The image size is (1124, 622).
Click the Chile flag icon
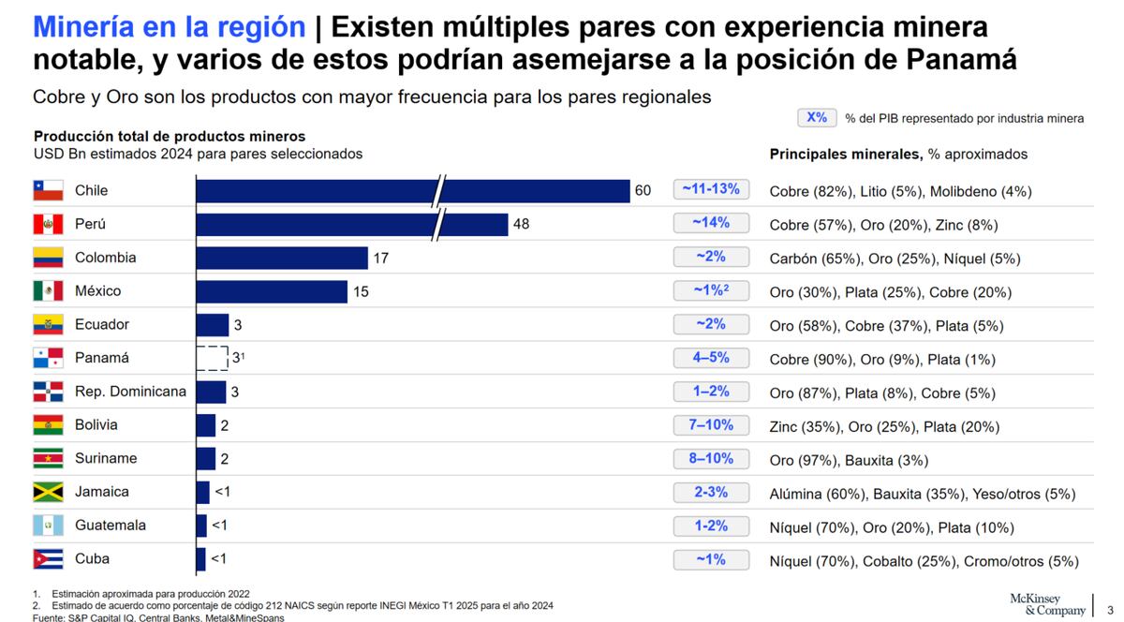tap(48, 190)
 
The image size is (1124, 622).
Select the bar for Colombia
tap(281, 258)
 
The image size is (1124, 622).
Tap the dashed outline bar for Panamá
tap(212, 358)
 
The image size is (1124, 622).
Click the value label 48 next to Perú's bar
tap(522, 225)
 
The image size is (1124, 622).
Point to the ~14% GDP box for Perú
tap(711, 224)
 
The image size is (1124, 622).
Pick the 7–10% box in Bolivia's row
tap(711, 424)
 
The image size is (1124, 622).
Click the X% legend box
tap(817, 118)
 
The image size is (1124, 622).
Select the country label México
tap(98, 291)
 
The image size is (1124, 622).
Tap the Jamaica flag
tap(48, 492)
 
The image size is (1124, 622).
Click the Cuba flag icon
tap(48, 559)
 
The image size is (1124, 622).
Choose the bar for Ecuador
tap(212, 325)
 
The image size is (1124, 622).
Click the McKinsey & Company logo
tap(1047, 604)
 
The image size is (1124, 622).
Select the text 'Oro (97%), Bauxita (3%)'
tap(849, 460)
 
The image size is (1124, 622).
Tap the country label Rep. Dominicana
tap(130, 392)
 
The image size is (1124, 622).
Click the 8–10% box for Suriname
tap(711, 458)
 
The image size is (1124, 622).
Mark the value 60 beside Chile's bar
tap(643, 191)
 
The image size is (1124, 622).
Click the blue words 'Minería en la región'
tap(169, 27)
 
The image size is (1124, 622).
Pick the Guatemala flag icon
tap(48, 526)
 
